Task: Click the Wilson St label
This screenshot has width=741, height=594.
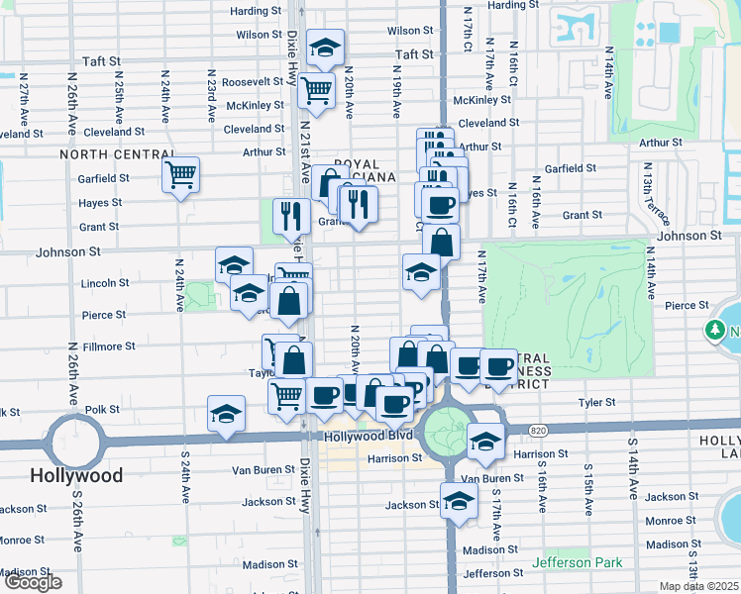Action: (x=260, y=35)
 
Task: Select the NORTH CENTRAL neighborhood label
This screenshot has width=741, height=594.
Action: (x=117, y=154)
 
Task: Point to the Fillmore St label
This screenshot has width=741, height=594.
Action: (x=110, y=346)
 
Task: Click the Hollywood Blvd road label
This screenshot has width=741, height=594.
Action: (x=354, y=436)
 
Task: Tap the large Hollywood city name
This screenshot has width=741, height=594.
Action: (x=76, y=475)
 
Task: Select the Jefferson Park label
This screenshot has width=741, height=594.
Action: (x=578, y=563)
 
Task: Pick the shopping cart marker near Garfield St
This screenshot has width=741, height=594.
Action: (x=181, y=174)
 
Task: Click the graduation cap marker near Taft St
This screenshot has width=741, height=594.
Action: (x=324, y=48)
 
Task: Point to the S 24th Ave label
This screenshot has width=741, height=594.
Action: (x=184, y=480)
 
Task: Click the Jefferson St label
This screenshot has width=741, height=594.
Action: (x=491, y=573)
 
